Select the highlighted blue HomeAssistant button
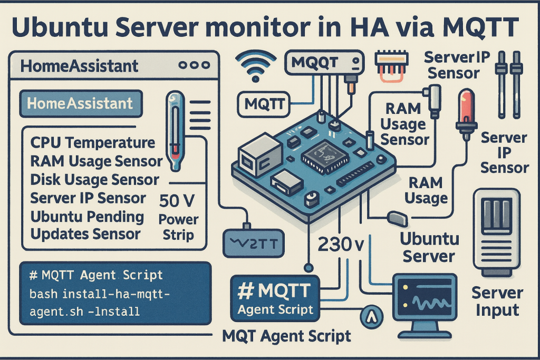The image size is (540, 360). click(x=81, y=103)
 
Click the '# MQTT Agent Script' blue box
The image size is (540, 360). click(x=275, y=298)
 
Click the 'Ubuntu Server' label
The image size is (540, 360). click(x=428, y=247)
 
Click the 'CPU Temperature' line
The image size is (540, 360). click(x=93, y=142)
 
